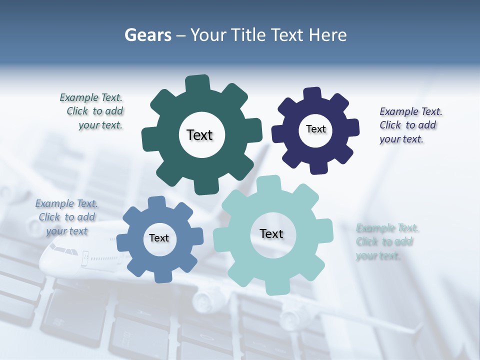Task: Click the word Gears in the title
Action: click(x=148, y=35)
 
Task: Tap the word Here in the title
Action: click(x=327, y=35)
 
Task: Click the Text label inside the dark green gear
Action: click(x=199, y=135)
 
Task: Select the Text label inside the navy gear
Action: click(x=315, y=129)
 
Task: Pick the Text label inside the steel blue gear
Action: click(x=159, y=238)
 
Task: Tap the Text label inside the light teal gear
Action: click(x=271, y=233)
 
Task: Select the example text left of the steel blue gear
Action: click(x=66, y=217)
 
